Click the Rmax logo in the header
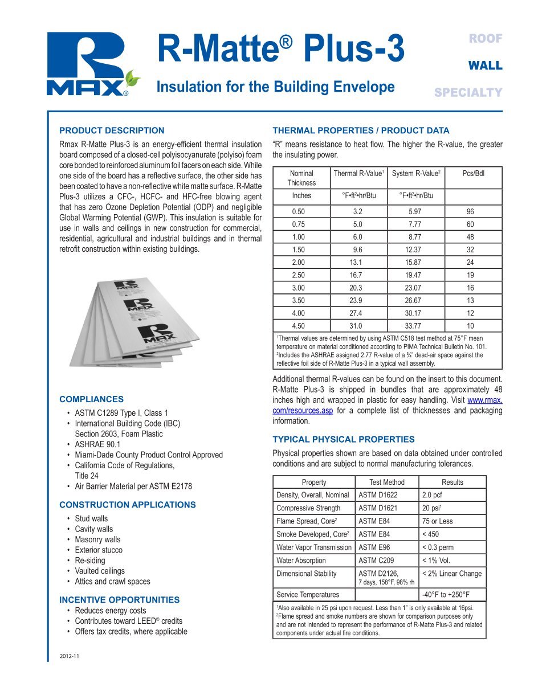click(x=92, y=63)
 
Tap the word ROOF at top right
click(x=485, y=39)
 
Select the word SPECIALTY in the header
click(x=468, y=92)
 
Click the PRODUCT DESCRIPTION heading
click(x=112, y=130)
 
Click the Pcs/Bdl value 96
click(x=470, y=211)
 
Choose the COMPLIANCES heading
click(x=91, y=399)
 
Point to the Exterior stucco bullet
click(x=99, y=550)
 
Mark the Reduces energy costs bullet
click(x=111, y=611)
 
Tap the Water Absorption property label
click(x=300, y=561)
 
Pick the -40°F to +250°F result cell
click(x=445, y=595)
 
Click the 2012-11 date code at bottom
click(x=70, y=657)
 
